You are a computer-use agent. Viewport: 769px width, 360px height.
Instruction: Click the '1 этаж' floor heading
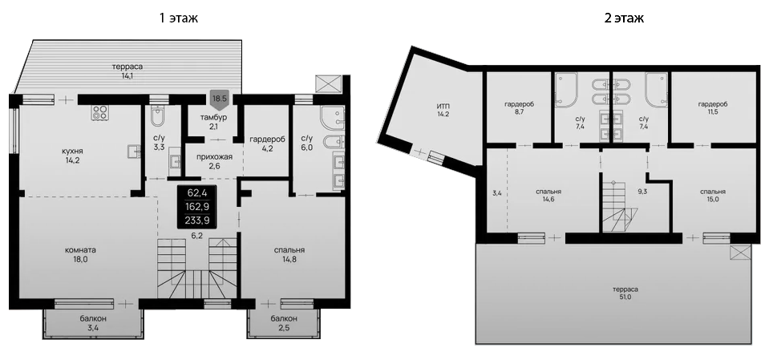[x=179, y=17]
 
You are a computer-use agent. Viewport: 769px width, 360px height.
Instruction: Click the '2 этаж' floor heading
[x=623, y=17]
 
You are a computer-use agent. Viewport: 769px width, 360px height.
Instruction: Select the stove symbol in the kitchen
[x=101, y=112]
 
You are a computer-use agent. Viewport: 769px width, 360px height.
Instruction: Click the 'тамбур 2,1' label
[x=214, y=123]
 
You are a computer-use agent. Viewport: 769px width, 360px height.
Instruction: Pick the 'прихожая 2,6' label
[x=214, y=161]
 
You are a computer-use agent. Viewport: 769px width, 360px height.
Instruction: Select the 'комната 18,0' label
[x=81, y=254]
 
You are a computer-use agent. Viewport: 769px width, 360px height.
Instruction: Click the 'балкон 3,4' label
[x=93, y=323]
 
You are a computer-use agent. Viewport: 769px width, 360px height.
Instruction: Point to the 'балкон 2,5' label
[x=285, y=323]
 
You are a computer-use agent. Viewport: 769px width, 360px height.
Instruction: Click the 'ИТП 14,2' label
[x=443, y=110]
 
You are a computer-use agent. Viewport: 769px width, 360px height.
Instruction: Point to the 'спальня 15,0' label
[x=712, y=196]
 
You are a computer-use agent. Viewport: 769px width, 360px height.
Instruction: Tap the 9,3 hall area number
[x=642, y=192]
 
